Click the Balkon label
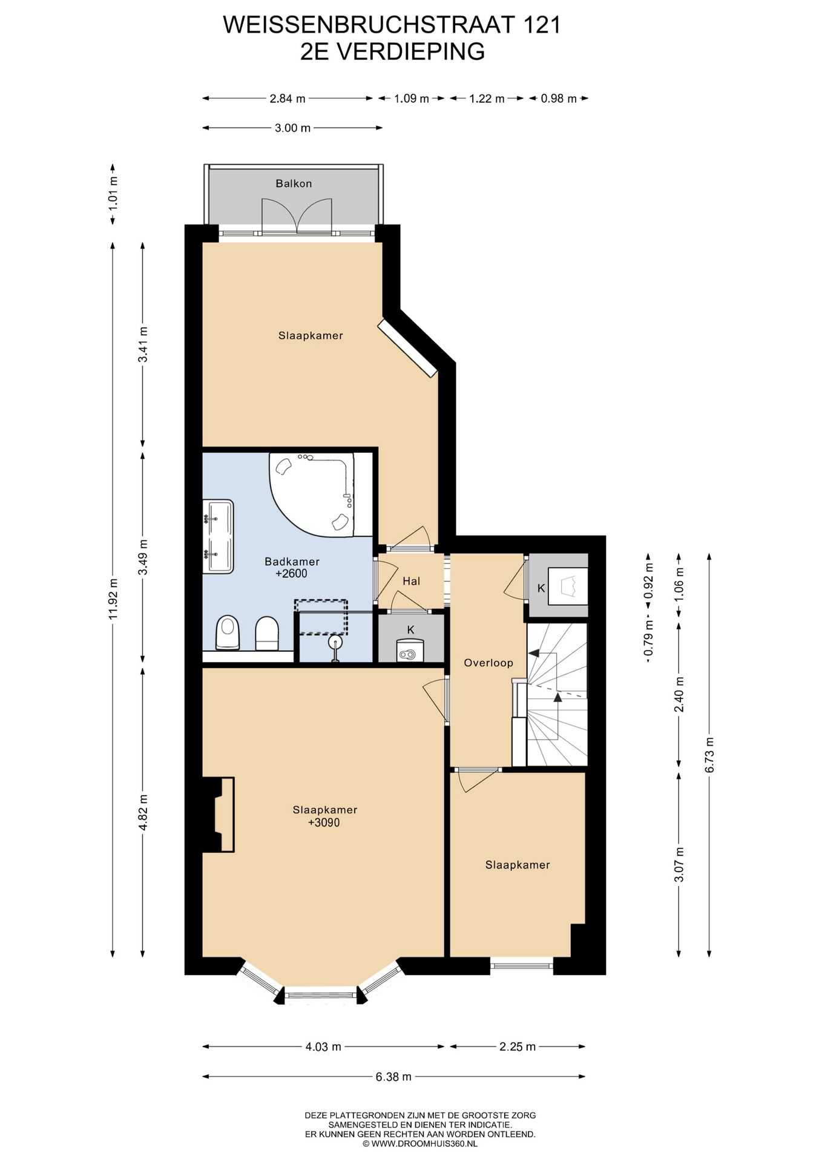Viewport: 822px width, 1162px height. pyautogui.click(x=294, y=183)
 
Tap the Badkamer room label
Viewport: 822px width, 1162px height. pyautogui.click(x=292, y=562)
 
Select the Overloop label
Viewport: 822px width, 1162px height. pyautogui.click(x=488, y=663)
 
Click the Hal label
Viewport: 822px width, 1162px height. pyautogui.click(x=412, y=582)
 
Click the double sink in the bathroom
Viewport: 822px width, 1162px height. pyautogui.click(x=218, y=536)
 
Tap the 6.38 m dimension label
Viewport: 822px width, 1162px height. pyautogui.click(x=393, y=1076)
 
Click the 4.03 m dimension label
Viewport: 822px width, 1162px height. pyautogui.click(x=323, y=1046)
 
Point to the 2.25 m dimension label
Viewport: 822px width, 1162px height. pyautogui.click(x=518, y=1046)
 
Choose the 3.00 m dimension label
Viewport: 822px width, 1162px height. pyautogui.click(x=292, y=128)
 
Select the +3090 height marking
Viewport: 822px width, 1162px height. pyautogui.click(x=324, y=822)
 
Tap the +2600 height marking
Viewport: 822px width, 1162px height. pyautogui.click(x=291, y=574)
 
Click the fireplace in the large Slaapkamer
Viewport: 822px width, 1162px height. pyautogui.click(x=218, y=815)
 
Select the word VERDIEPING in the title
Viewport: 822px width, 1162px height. pyautogui.click(x=410, y=51)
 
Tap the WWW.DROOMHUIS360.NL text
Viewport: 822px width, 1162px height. pyautogui.click(x=420, y=1144)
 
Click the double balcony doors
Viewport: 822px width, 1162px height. pyautogui.click(x=297, y=216)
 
